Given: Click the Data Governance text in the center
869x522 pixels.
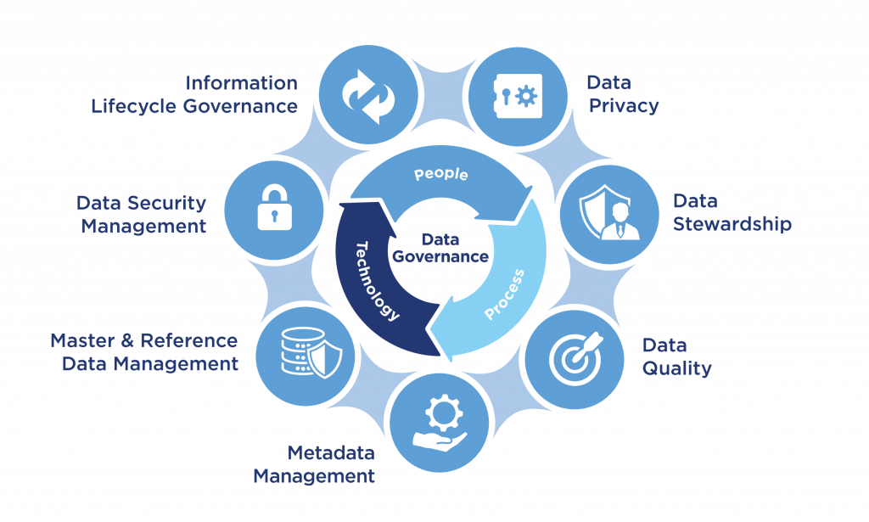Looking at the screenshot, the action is click(x=440, y=247).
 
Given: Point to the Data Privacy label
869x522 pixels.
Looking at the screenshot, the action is click(x=622, y=94).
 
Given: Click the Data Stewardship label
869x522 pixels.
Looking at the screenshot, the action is click(x=732, y=213).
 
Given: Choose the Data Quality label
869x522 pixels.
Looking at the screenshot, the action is click(x=676, y=357).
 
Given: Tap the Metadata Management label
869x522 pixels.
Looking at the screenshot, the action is click(x=314, y=463).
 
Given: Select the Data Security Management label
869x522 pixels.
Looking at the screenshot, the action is click(x=141, y=215).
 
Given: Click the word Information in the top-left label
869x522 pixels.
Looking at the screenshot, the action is click(x=242, y=83).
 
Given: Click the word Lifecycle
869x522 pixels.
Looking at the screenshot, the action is click(x=132, y=106).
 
